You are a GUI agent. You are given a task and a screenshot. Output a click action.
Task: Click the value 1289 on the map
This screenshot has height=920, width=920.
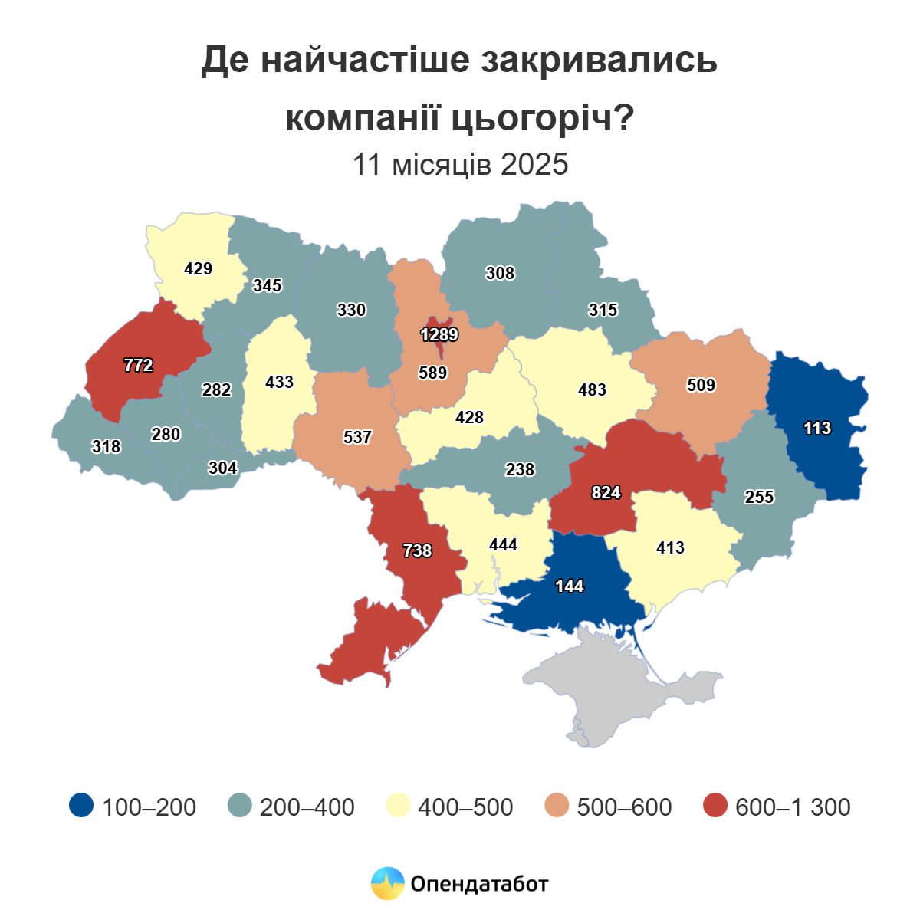pyautogui.click(x=439, y=335)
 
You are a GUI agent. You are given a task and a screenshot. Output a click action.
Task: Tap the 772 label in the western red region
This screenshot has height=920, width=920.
pyautogui.click(x=139, y=366)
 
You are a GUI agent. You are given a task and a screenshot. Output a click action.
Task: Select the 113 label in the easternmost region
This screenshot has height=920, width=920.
pyautogui.click(x=817, y=428)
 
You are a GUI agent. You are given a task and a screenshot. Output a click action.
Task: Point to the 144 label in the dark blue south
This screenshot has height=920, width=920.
pyautogui.click(x=570, y=586)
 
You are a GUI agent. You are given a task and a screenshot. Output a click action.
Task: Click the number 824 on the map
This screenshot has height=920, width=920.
pyautogui.click(x=606, y=493)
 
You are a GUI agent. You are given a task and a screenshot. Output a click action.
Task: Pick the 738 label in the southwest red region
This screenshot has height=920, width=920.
pyautogui.click(x=418, y=550)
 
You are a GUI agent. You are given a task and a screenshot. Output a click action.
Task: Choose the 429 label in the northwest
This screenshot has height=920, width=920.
pyautogui.click(x=198, y=269)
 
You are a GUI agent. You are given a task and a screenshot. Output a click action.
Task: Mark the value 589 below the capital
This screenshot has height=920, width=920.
pyautogui.click(x=432, y=373)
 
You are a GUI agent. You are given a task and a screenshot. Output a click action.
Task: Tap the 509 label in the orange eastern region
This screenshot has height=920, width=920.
pyautogui.click(x=701, y=385)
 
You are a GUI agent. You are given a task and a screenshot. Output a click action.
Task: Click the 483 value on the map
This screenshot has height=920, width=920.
pyautogui.click(x=592, y=389)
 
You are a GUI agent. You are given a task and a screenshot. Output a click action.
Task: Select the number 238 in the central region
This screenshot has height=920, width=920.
pyautogui.click(x=520, y=469)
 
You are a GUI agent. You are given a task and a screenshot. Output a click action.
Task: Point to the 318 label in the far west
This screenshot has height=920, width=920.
pyautogui.click(x=106, y=446)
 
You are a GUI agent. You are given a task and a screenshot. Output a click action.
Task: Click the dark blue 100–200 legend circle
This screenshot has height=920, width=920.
pyautogui.click(x=81, y=806)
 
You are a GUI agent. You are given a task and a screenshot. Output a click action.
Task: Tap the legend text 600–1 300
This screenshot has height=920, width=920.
pyautogui.click(x=793, y=807)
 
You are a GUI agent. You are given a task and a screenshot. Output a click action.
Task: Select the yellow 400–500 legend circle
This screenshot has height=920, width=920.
pyautogui.click(x=398, y=806)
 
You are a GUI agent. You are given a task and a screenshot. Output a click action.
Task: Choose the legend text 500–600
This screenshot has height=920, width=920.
pyautogui.click(x=624, y=807)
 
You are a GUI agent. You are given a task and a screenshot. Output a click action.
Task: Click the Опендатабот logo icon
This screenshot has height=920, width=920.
pyautogui.click(x=387, y=884)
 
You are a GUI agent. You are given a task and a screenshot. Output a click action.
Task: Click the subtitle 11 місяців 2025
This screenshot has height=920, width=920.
pyautogui.click(x=460, y=164)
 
